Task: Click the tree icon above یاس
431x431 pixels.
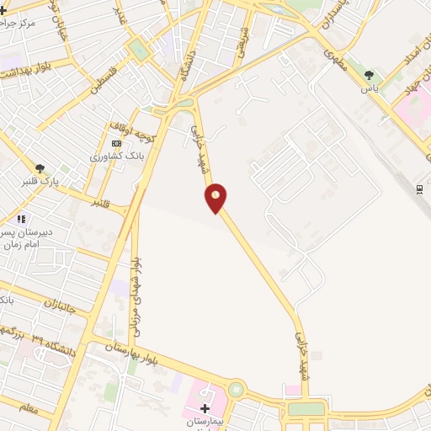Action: click(x=368, y=75)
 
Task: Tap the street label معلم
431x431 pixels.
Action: click(x=28, y=409)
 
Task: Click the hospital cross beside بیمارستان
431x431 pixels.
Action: click(x=205, y=408)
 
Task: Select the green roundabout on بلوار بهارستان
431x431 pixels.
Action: click(x=236, y=391)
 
